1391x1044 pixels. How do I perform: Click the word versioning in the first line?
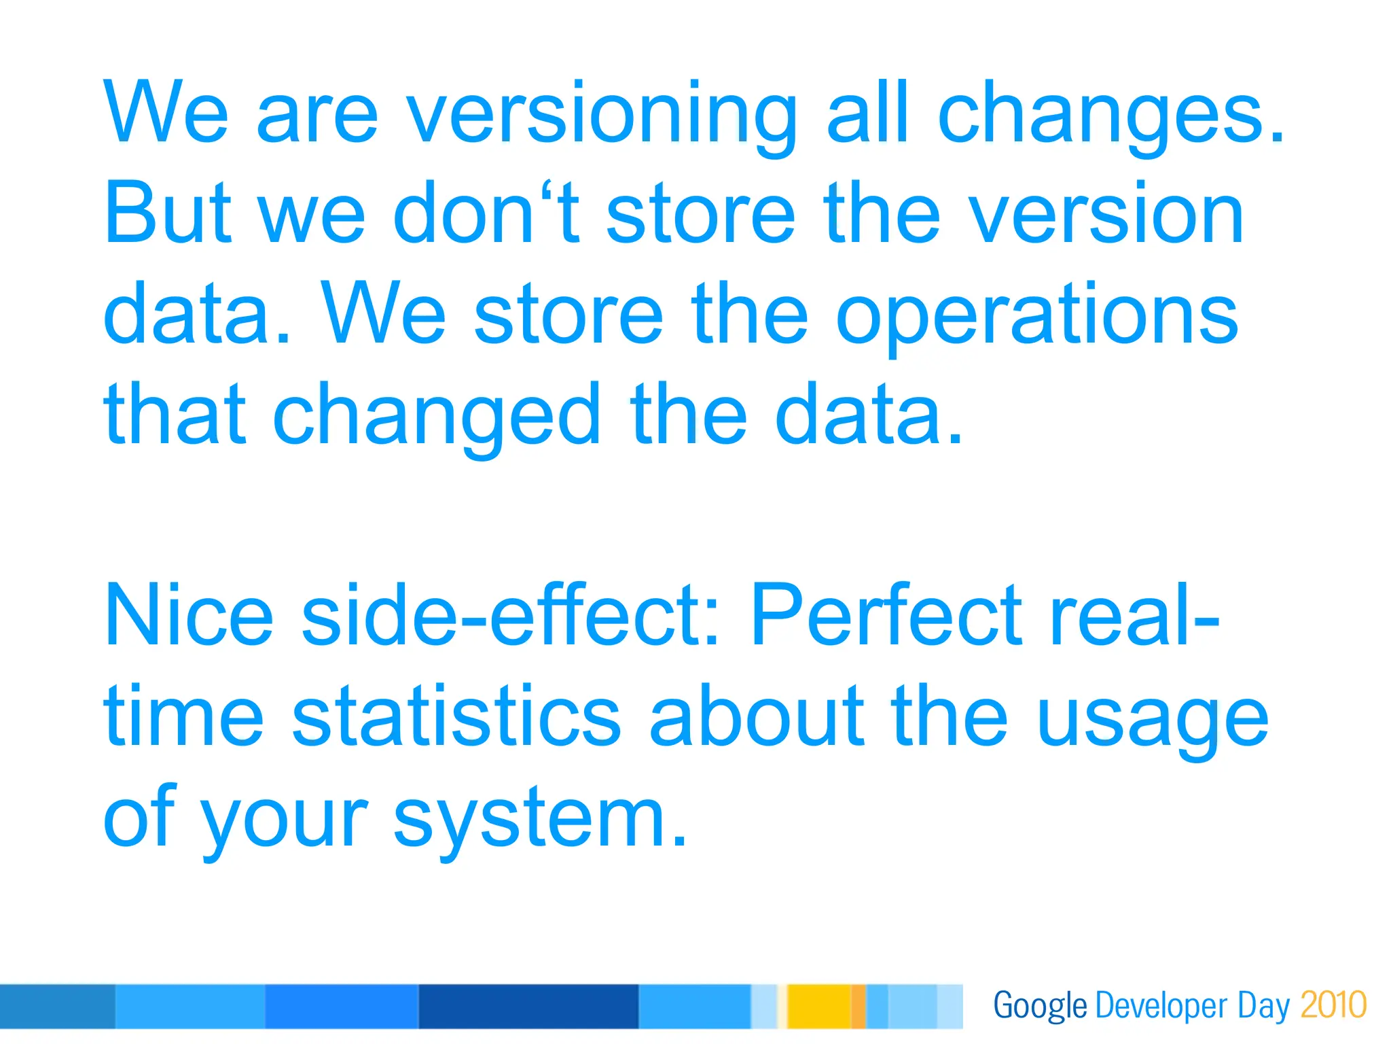[602, 114]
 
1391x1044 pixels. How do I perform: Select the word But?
[168, 214]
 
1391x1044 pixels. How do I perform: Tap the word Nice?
[188, 615]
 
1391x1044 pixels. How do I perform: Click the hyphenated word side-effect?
[509, 615]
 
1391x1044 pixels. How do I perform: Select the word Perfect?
[886, 615]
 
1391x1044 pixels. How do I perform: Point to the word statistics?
[456, 716]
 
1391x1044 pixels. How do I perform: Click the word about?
[757, 716]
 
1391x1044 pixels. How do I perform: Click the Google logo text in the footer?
[1039, 1006]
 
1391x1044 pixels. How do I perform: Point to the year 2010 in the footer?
[1333, 1005]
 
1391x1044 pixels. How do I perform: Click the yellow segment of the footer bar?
[818, 1006]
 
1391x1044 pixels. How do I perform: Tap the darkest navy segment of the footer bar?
[528, 1006]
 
